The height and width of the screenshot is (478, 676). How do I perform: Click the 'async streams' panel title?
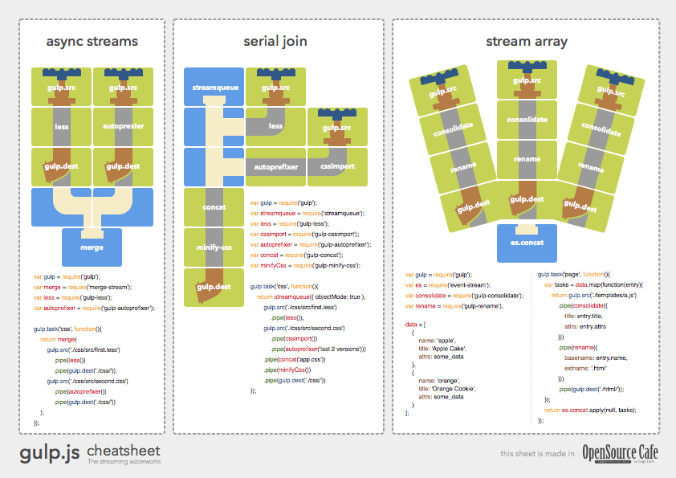click(x=92, y=42)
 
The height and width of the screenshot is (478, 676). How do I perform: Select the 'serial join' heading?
click(x=275, y=42)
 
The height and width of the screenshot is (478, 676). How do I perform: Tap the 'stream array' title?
click(x=526, y=42)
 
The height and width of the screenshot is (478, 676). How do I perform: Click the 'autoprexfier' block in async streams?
click(x=122, y=126)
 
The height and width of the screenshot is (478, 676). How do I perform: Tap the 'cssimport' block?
click(x=337, y=167)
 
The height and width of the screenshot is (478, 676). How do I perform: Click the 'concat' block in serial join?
click(x=214, y=207)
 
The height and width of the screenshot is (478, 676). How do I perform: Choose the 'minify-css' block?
click(x=214, y=247)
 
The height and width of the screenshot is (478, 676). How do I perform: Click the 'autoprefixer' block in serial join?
click(x=276, y=167)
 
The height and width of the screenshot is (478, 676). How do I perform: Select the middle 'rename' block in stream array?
click(x=527, y=159)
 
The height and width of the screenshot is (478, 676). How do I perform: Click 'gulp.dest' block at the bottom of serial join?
click(x=214, y=287)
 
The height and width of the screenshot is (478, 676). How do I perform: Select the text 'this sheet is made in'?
click(x=536, y=454)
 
